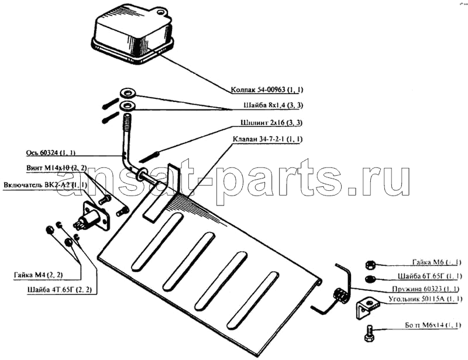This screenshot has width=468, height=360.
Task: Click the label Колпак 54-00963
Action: pos(270,90)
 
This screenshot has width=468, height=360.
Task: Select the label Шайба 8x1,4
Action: pos(276,106)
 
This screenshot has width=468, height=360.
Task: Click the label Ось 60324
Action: pos(51,153)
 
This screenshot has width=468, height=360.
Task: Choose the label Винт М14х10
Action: pos(57,169)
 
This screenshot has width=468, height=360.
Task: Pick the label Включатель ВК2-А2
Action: pos(45,184)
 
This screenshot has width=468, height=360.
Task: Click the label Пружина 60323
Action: pos(424,289)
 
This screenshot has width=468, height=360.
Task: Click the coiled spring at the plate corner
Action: pos(339,296)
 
